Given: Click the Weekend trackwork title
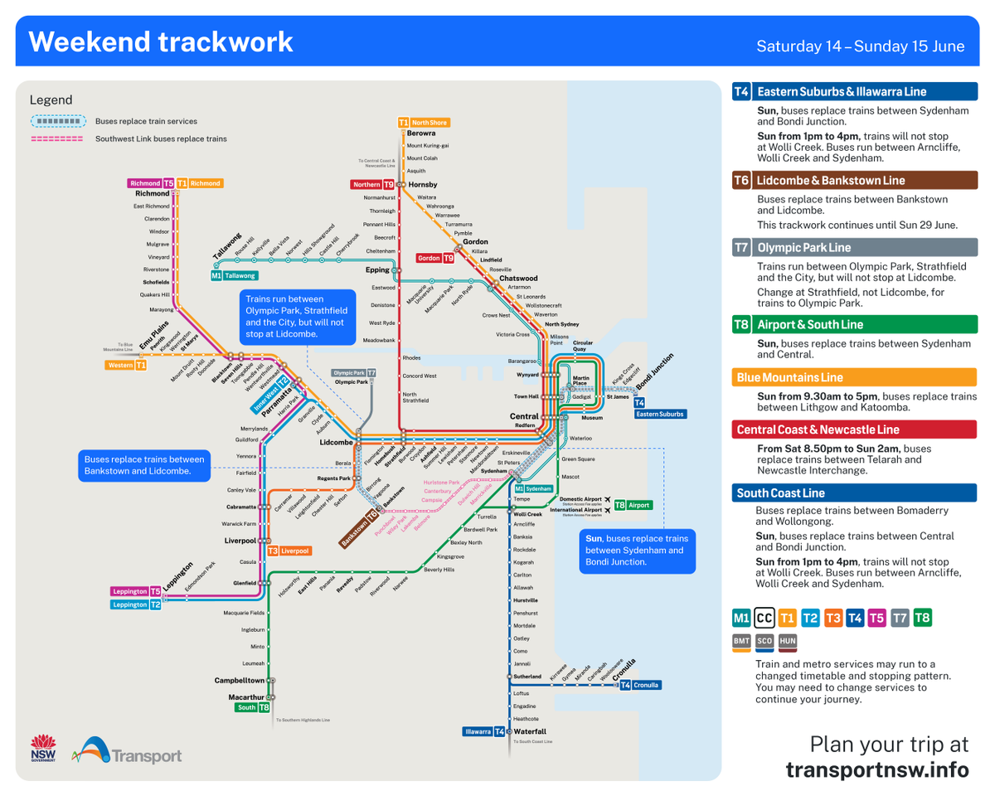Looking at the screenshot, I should (161, 41).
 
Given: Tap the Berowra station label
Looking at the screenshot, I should (421, 133).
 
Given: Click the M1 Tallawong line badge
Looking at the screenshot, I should (234, 275).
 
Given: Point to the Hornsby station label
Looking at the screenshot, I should (422, 184).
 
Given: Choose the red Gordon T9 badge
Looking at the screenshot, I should (435, 258).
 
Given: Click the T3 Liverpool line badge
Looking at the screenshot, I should (289, 551).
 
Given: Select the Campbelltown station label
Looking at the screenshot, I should (239, 680).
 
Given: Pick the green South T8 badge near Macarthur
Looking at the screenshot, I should (252, 707).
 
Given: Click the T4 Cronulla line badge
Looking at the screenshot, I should (639, 685).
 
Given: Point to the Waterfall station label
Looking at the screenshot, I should (530, 731).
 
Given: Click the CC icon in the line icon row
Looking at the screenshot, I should (765, 618).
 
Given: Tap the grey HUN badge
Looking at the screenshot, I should (788, 641).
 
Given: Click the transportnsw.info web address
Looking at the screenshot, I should (876, 769).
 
